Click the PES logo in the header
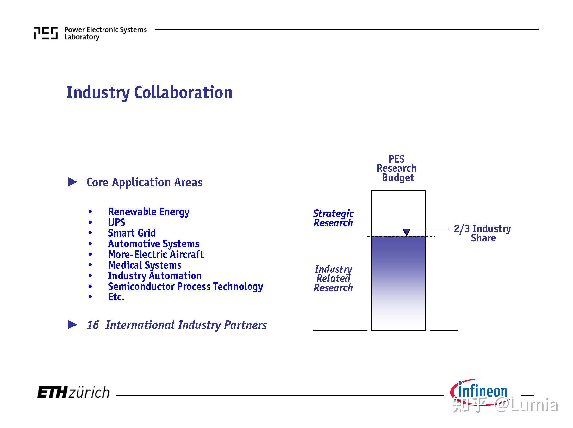click(x=46, y=33)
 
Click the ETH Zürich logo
click(x=73, y=393)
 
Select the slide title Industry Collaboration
click(x=150, y=93)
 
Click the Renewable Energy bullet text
click(x=149, y=212)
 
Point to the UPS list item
click(x=117, y=222)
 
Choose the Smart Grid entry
click(x=132, y=233)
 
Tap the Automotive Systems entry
click(x=154, y=244)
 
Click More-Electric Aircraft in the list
click(x=156, y=254)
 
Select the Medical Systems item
click(x=145, y=265)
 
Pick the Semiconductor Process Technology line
click(x=185, y=287)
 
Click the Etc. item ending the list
click(x=116, y=297)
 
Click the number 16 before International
click(x=93, y=325)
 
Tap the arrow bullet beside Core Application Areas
click(x=73, y=182)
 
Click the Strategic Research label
click(x=333, y=218)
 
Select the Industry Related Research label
click(x=333, y=278)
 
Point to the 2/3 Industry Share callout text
click(x=483, y=233)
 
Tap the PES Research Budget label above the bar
click(x=397, y=168)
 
